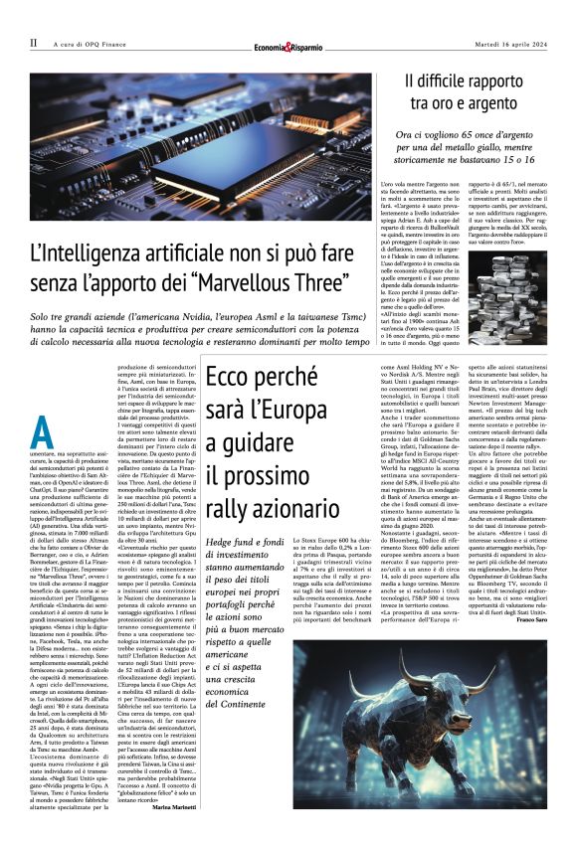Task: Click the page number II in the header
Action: [33, 43]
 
